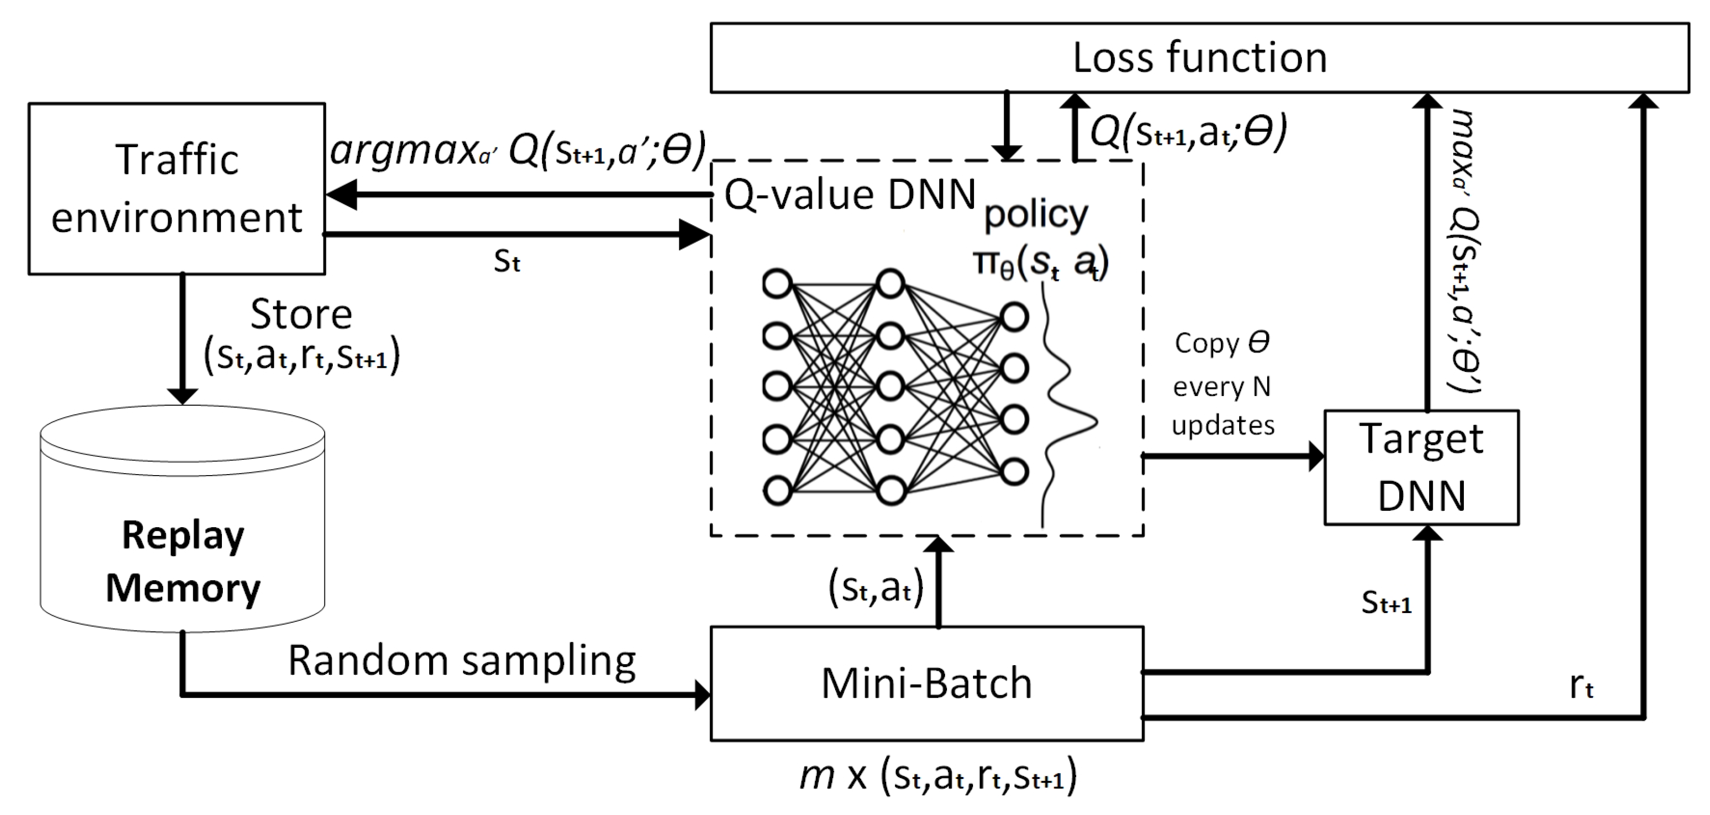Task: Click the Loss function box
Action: (1199, 58)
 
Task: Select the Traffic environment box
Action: (177, 189)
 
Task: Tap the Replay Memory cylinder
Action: (183, 531)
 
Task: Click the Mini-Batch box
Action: (927, 683)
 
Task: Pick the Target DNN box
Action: (1421, 468)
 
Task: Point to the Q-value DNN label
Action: (850, 195)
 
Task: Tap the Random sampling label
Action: (461, 661)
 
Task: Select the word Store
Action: (301, 315)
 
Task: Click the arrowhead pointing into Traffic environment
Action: (340, 195)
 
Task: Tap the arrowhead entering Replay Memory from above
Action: (183, 395)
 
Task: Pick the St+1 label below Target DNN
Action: (1386, 603)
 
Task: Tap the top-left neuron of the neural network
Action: (777, 284)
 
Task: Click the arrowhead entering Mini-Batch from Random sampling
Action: (702, 695)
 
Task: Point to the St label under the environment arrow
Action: (506, 262)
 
